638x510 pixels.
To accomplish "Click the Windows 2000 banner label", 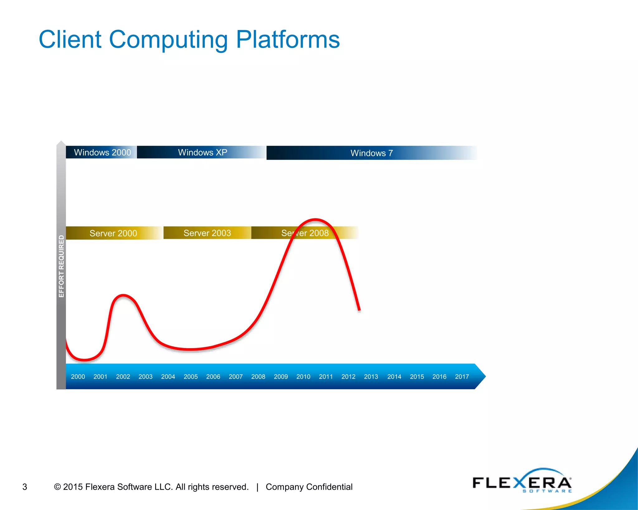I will tap(102, 152).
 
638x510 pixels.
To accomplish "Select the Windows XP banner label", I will tap(202, 152).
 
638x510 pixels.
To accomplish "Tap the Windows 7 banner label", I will tap(372, 153).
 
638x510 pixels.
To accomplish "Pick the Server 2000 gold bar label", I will tap(113, 233).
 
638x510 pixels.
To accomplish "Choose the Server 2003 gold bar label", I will tap(207, 233).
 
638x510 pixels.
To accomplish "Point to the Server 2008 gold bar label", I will tap(305, 233).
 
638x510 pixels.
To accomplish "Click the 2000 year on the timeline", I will tap(78, 376).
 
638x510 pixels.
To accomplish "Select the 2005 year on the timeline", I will tap(191, 376).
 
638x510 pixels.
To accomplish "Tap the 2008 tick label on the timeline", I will tap(258, 376).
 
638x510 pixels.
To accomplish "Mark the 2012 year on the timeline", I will tap(348, 376).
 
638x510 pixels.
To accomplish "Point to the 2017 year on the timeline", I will tap(462, 376).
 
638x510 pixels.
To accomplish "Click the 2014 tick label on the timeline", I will tap(394, 376).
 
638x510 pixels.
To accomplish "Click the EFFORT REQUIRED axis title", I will tap(61, 266).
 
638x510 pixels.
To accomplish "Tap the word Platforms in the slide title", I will tap(288, 40).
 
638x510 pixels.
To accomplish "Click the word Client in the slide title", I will tap(70, 40).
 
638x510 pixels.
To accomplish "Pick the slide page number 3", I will tap(25, 487).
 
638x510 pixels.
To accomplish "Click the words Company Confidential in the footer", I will tap(309, 487).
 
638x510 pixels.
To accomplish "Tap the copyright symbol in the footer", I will tap(57, 487).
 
